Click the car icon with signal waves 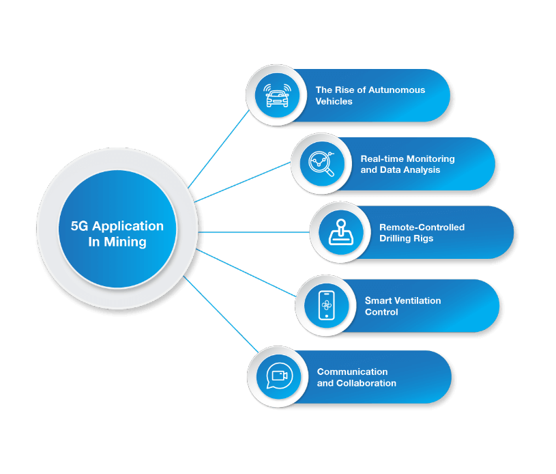tap(277, 96)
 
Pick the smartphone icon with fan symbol tap(326, 305)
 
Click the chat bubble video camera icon tap(278, 376)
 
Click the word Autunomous tap(396, 90)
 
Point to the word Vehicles tap(334, 102)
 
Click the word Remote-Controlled tap(422, 227)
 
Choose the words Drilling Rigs tap(407, 238)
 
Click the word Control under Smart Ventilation tap(381, 312)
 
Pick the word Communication tap(352, 372)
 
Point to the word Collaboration tap(366, 383)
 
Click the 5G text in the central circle tap(80, 226)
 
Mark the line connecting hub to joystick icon tap(252, 232)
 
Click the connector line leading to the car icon tap(218, 151)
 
